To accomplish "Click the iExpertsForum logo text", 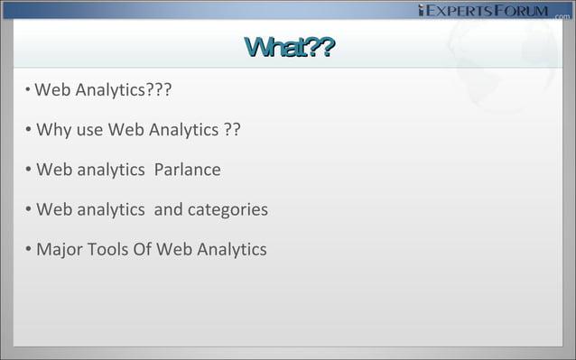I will [x=483, y=11].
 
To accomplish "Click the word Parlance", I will [x=187, y=171].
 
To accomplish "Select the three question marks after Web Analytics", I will [x=163, y=91].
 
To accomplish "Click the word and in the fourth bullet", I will [x=169, y=210].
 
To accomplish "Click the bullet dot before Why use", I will [x=30, y=132].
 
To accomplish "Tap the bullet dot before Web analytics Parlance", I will [x=30, y=171].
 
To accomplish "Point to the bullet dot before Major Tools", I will [x=30, y=249].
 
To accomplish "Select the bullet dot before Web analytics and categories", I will [x=30, y=210].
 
